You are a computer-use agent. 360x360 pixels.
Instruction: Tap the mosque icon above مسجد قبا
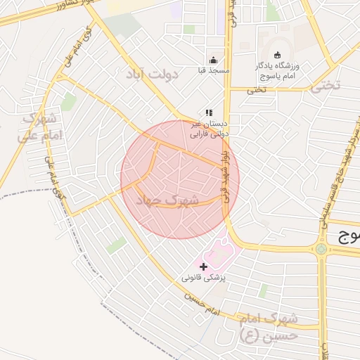point(213,59)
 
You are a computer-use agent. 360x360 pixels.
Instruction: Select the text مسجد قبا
point(213,70)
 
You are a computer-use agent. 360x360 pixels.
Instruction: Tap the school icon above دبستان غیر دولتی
point(208,112)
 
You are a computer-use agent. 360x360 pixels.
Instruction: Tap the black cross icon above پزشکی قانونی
point(204,266)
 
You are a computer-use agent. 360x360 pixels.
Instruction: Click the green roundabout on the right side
point(321,248)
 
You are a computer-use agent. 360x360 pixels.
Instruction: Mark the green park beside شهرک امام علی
point(68,103)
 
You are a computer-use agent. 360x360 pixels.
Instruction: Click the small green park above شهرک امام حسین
point(262,290)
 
